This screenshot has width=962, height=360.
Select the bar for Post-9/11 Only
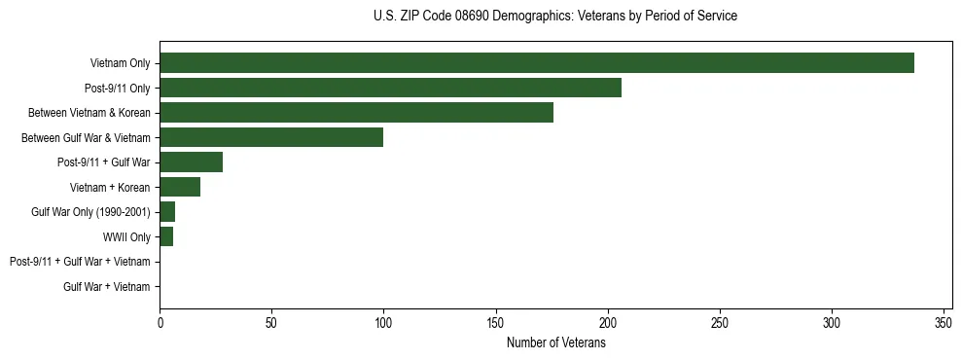390,88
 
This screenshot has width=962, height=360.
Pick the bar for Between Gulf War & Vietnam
271,137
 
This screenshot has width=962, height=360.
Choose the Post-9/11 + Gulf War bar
191,162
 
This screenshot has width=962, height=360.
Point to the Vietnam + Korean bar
180,187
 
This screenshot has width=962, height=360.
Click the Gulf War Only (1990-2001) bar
167,212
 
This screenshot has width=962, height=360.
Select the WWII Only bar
166,236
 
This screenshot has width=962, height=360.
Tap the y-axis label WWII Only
126,236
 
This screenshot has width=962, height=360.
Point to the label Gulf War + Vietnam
107,286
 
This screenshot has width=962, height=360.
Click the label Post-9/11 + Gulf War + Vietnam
80,262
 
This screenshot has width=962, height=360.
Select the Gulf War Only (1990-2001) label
90,212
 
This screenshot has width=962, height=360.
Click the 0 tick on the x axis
160,323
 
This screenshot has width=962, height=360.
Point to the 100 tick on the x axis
383,323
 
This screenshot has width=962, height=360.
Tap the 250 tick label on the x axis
720,323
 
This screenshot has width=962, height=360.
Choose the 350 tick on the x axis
944,323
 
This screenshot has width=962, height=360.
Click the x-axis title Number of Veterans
555,343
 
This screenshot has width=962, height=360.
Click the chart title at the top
555,17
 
